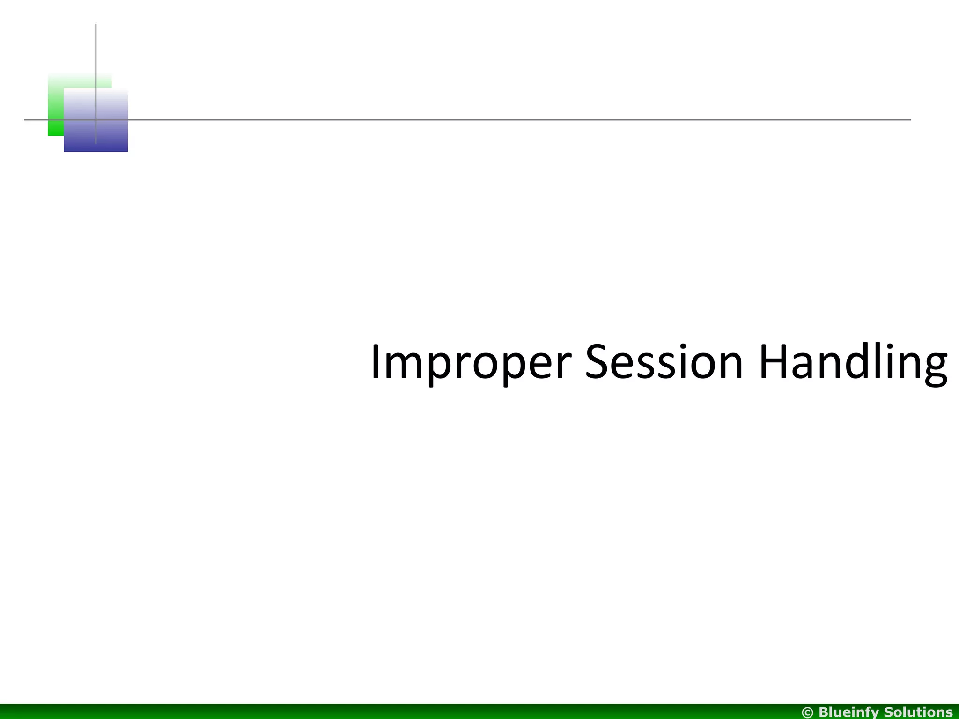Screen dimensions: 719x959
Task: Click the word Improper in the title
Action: tap(471, 363)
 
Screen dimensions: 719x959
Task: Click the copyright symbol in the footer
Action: tap(808, 712)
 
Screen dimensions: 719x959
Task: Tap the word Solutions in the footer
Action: tap(919, 712)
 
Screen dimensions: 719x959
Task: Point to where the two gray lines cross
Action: tap(96, 120)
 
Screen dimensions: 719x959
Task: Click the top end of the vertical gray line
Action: tap(96, 25)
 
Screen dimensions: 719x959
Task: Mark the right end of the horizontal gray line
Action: tap(910, 120)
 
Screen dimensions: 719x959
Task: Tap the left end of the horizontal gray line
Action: tap(25, 120)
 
